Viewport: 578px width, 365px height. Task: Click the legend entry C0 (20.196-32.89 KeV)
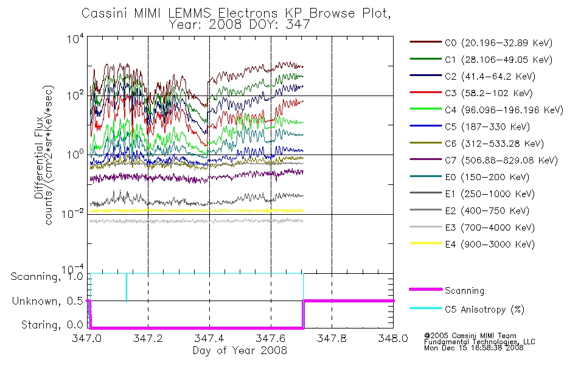481,43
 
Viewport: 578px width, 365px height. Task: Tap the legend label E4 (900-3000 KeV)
472,244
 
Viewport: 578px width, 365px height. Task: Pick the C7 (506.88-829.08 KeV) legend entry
484,161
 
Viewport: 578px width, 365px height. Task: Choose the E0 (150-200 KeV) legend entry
470,177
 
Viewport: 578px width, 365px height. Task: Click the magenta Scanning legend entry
447,290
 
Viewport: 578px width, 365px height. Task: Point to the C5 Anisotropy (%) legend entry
467,309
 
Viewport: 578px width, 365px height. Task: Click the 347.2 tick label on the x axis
148,338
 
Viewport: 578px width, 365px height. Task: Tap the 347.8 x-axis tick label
332,338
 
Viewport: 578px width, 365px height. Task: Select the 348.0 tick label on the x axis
393,338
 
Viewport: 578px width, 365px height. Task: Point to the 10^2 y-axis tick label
75,95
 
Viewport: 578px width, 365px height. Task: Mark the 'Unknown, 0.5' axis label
47,301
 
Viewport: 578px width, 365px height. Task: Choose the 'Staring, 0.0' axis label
52,325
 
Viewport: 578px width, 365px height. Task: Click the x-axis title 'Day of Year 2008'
240,350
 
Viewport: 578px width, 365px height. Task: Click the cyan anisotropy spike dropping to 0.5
127,288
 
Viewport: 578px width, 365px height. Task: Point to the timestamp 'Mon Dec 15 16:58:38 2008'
474,348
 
